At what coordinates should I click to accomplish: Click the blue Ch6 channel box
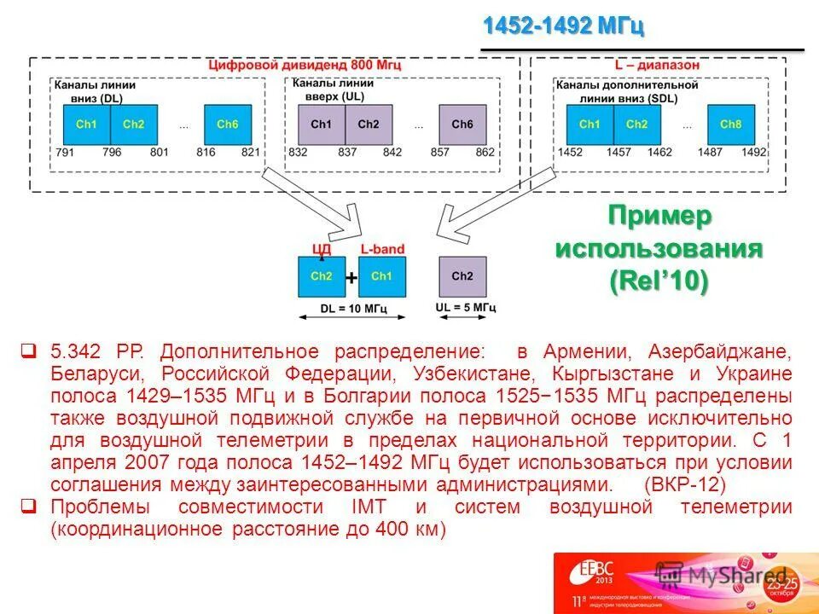coord(227,125)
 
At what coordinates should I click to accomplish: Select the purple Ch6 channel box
coord(462,125)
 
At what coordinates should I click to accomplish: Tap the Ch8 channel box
coord(730,125)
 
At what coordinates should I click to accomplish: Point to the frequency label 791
coord(64,152)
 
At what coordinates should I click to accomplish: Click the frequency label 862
coord(485,152)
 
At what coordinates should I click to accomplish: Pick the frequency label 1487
coord(706,152)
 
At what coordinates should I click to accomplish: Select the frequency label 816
coord(206,152)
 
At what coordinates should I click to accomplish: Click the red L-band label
coord(381,249)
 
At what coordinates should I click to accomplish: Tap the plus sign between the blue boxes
coord(351,277)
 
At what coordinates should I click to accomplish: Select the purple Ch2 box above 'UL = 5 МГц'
coord(462,276)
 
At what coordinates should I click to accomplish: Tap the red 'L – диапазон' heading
coord(660,65)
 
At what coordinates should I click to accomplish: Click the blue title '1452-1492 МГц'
coord(563,26)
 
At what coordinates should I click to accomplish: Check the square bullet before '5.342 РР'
coord(28,351)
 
